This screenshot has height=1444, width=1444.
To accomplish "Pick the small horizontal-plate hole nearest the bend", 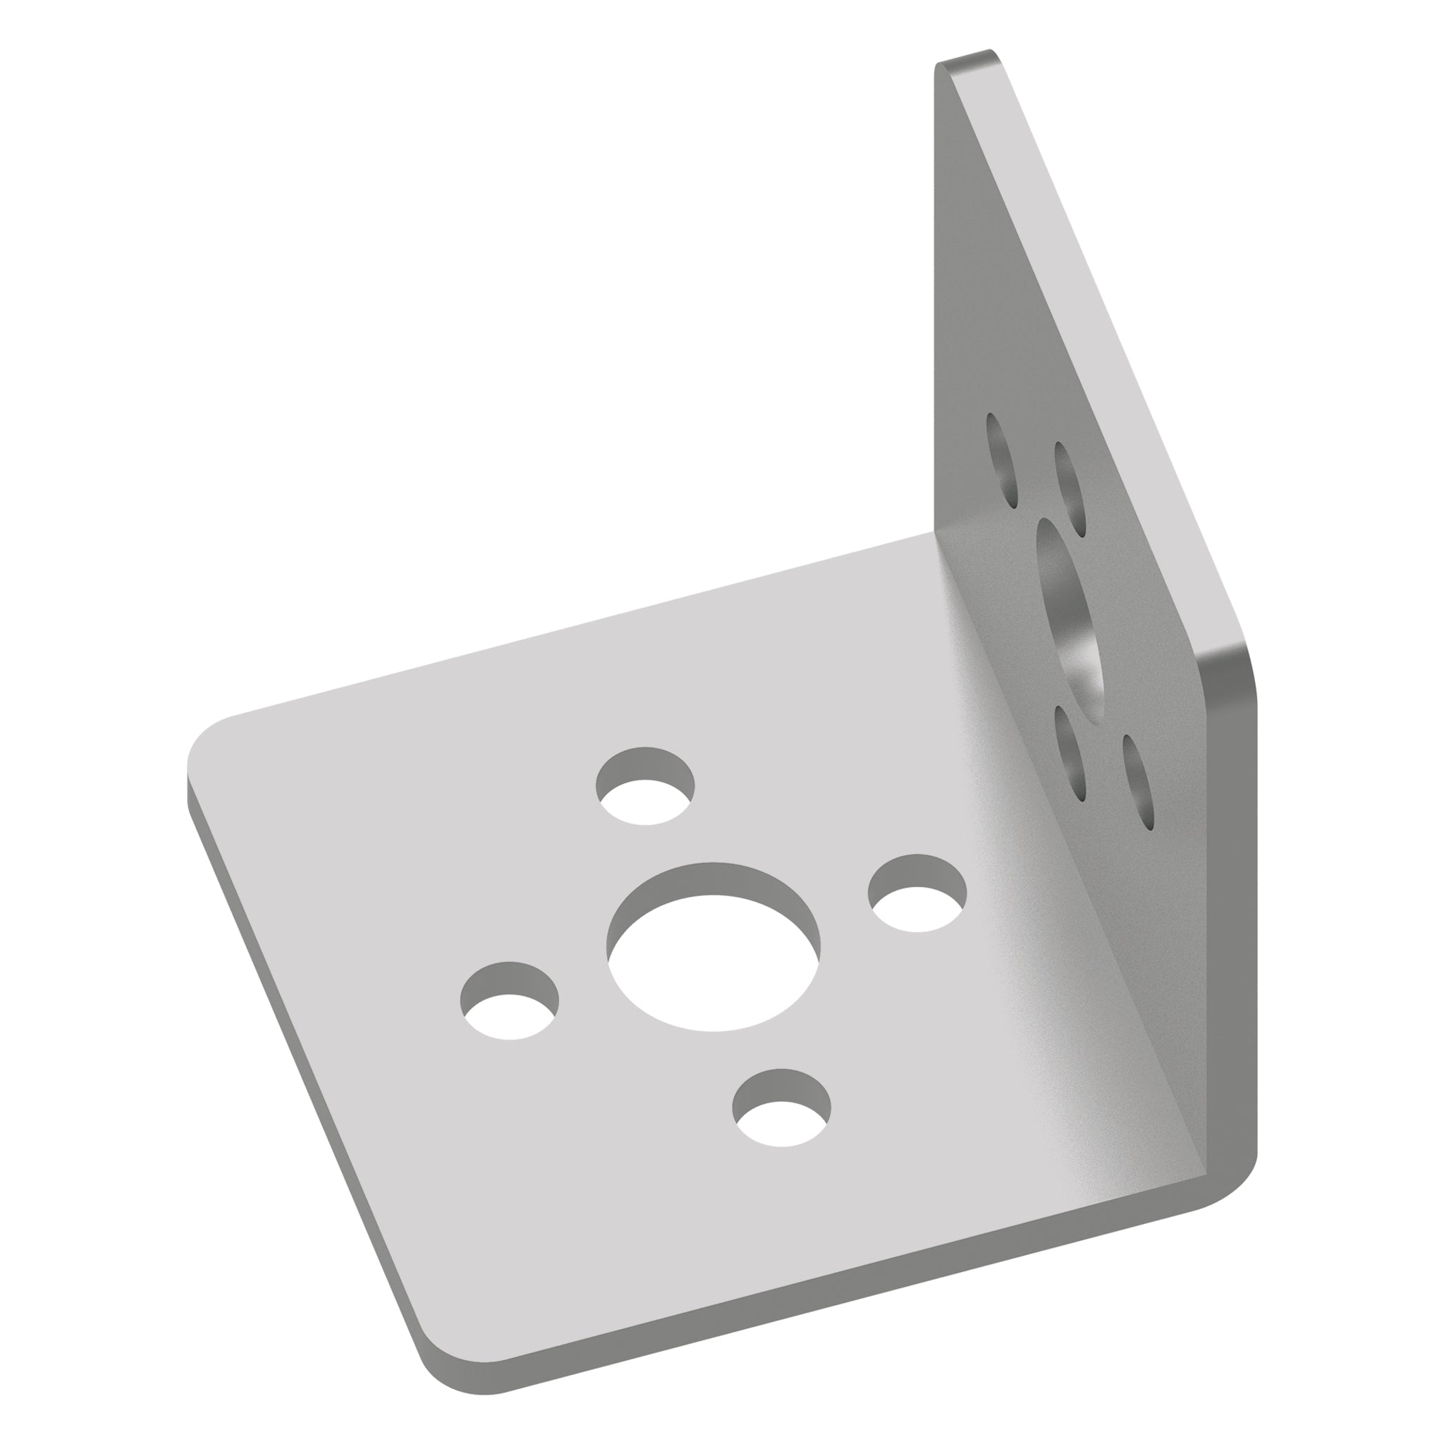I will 918,893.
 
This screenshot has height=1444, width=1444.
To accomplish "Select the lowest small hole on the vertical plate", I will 1137,782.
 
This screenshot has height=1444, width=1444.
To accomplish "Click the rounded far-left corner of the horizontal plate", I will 206,740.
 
